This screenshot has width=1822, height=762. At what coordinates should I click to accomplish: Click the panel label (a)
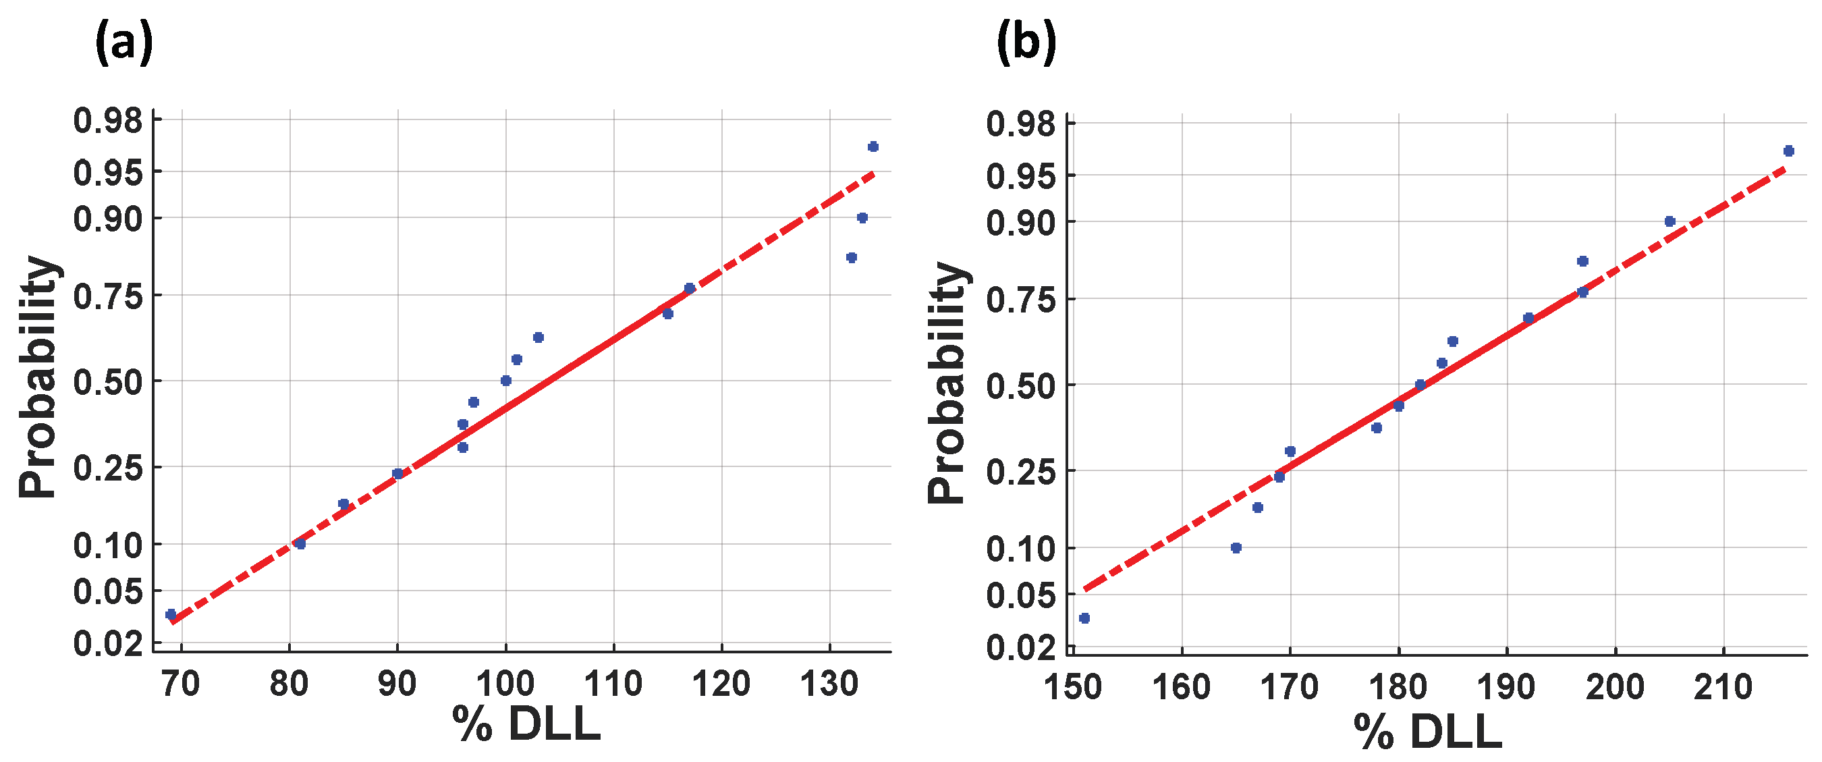[123, 43]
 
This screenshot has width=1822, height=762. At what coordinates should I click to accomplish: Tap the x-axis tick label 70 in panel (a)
[181, 684]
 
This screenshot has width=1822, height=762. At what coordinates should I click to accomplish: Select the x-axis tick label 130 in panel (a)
[828, 684]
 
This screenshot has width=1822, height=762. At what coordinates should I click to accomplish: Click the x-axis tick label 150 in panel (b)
[1073, 687]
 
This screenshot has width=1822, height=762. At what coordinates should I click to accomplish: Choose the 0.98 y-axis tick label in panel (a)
[108, 121]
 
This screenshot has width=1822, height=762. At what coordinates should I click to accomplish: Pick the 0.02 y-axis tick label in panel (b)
[1020, 647]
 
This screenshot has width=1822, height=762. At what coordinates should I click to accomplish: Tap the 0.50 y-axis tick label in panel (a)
[108, 382]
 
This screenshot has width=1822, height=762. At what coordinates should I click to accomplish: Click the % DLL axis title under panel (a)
[526, 724]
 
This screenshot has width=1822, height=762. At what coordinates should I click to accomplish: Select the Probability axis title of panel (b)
[946, 383]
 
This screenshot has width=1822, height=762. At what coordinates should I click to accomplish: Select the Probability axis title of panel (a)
[37, 377]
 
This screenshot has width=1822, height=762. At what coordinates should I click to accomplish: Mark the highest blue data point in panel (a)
[873, 146]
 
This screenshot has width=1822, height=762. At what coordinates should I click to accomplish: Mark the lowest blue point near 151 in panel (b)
[1084, 618]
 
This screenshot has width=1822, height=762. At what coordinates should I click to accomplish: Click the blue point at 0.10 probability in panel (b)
[1236, 547]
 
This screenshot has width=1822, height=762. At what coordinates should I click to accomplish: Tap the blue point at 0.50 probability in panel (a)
[505, 381]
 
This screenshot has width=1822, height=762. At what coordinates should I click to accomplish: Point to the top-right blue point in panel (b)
[1789, 151]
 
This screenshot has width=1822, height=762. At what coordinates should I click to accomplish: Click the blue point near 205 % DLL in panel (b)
[1670, 221]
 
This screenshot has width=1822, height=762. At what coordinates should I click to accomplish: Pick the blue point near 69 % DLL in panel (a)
[171, 614]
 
